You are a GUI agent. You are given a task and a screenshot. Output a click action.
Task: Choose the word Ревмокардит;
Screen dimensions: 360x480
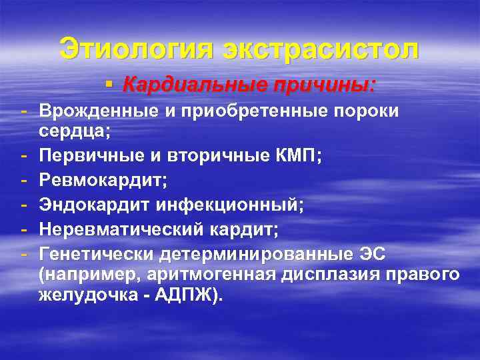coord(105,182)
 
